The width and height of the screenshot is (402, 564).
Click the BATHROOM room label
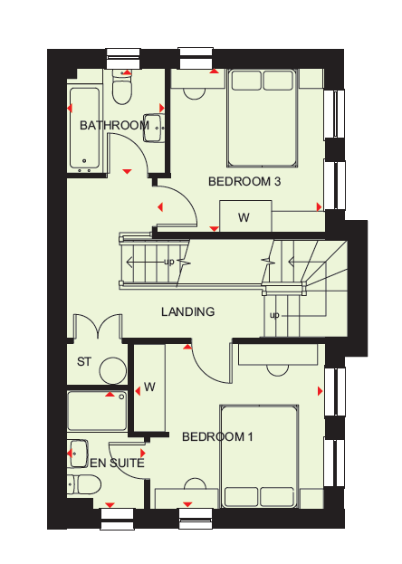114,125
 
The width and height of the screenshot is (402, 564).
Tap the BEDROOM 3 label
244,181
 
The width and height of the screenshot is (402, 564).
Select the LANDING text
187,311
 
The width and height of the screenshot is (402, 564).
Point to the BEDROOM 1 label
217,436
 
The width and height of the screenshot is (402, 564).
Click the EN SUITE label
117,463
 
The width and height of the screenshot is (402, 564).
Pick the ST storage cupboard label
84,361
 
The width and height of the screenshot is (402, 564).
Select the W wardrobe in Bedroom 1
149,387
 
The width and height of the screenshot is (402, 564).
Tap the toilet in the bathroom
122,87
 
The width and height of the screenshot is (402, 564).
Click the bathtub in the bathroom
85,129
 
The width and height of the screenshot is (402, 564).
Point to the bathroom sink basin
154,128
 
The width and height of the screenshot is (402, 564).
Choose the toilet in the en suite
84,484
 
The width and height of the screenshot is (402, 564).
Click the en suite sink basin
78,454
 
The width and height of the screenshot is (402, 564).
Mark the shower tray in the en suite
97,411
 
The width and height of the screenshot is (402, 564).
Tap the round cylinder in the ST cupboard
113,370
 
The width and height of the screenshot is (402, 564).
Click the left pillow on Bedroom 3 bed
246,81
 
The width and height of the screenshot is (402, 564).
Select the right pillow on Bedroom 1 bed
277,496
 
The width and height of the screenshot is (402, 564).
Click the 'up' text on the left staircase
168,262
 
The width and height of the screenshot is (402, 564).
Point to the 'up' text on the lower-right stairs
274,315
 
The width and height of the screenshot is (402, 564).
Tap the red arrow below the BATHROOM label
127,172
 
